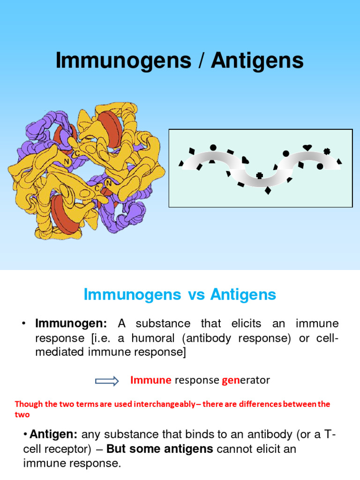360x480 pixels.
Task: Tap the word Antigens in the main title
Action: pyautogui.click(x=257, y=61)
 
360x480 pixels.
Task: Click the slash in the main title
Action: pyautogui.click(x=201, y=61)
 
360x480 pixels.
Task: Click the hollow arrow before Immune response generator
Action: pyautogui.click(x=107, y=381)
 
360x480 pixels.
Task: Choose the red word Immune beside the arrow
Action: pyautogui.click(x=150, y=380)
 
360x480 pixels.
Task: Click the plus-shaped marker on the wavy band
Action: pyautogui.click(x=259, y=176)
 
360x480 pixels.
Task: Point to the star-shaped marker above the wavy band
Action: pyautogui.click(x=327, y=151)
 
